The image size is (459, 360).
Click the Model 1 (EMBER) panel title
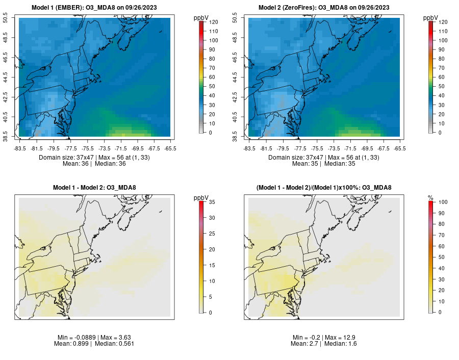(x=95, y=8)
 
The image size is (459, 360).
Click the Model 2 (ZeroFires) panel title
(x=324, y=8)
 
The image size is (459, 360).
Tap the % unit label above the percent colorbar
(x=430, y=197)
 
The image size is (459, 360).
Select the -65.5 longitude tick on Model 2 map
(x=400, y=148)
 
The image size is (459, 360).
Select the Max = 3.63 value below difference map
(x=111, y=338)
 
